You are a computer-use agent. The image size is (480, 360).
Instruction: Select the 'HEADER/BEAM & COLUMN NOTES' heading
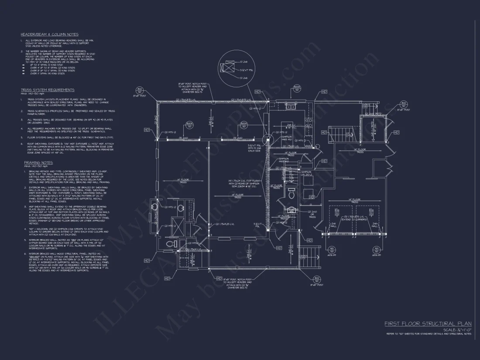pos(49,34)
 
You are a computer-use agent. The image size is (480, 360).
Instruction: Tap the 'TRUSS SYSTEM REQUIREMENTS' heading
pos(48,90)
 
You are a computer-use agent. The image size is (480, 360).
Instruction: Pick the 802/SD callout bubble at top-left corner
pos(140,90)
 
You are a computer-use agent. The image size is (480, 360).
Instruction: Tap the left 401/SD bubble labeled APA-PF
pos(333,250)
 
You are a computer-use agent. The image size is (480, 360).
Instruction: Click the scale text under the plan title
pos(457,330)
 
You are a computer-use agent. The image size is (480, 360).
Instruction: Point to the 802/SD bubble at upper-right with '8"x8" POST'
pos(404,105)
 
